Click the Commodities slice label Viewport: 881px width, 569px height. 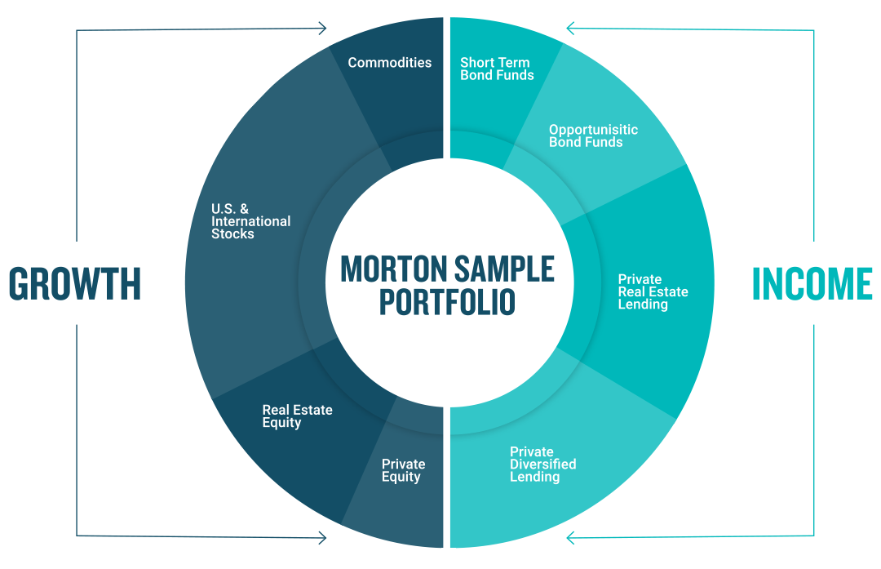pos(389,63)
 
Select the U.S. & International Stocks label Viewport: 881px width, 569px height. pos(250,221)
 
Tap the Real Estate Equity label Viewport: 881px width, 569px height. pos(297,416)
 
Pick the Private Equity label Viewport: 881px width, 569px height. pos(403,470)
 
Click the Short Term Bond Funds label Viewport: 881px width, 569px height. pos(497,69)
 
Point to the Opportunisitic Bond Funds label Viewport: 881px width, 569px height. pos(593,136)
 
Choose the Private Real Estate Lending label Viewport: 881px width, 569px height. pos(653,291)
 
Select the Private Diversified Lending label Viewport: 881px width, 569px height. pos(542,464)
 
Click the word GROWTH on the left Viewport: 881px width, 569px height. pos(75,283)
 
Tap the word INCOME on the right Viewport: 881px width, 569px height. pos(812,283)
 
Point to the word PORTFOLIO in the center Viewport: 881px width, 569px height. pos(447,302)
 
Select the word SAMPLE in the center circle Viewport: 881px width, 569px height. pos(503,269)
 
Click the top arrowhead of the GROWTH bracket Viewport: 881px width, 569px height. pos(322,30)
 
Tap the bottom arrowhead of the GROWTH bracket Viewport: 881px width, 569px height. pos(322,538)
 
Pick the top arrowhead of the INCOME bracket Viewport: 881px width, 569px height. pos(571,30)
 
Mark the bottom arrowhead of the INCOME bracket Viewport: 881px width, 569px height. pos(571,538)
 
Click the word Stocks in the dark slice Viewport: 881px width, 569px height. pos(232,234)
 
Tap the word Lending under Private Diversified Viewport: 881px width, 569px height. pos(534,477)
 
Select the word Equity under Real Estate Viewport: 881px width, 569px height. pos(281,423)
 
